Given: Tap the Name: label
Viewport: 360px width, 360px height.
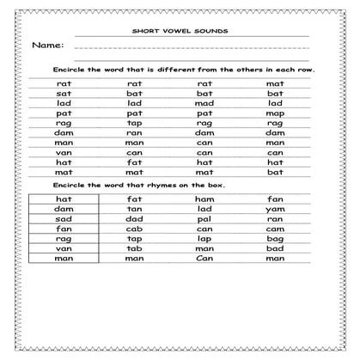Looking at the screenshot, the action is click(47, 45).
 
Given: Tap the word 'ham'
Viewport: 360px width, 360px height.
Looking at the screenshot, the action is click(204, 198).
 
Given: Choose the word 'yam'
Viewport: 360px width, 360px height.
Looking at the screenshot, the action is click(275, 209).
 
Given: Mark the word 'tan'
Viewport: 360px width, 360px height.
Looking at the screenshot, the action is click(134, 209).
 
